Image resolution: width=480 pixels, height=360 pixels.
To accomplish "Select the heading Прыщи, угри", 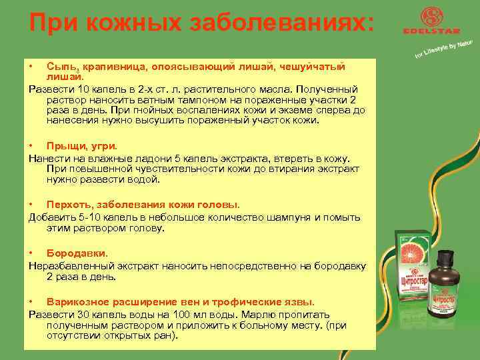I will [82, 145].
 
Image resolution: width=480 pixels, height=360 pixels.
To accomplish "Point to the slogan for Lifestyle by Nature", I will [444, 49].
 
